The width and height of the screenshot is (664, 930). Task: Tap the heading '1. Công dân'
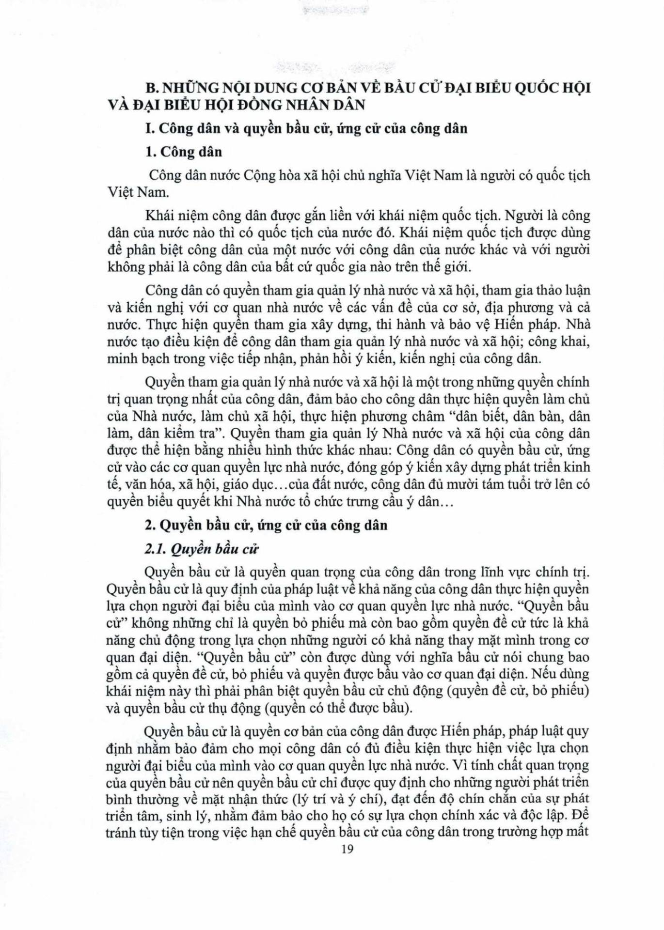click(184, 152)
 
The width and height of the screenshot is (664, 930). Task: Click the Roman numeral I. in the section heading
click(150, 128)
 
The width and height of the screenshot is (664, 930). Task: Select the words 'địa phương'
click(511, 307)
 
